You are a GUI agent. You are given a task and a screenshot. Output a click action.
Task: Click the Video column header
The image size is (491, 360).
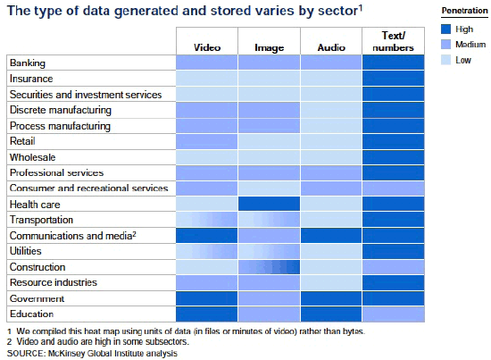tap(207, 47)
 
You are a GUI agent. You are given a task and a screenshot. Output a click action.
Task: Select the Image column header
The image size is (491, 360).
tap(269, 48)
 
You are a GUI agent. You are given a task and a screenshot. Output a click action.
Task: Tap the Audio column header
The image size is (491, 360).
tap(331, 47)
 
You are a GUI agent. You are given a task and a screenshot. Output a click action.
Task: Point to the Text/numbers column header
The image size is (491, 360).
tap(394, 41)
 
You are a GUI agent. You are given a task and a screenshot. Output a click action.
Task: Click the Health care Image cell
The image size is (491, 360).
tap(269, 204)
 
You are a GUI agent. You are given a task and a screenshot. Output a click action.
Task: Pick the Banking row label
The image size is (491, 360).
tap(28, 63)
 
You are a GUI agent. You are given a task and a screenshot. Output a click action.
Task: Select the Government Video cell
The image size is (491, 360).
tap(207, 298)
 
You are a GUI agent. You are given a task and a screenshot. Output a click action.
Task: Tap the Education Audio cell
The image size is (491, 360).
tap(331, 314)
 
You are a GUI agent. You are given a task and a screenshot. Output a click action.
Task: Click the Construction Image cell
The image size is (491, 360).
tap(269, 267)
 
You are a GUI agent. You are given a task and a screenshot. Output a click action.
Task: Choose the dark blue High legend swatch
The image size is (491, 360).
tap(445, 29)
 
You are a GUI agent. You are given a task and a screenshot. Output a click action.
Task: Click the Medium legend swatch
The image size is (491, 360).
tap(445, 44)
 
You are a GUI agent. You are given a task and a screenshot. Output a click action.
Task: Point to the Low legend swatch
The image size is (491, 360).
tap(445, 60)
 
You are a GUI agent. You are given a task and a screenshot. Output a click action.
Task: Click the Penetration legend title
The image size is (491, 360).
tap(465, 11)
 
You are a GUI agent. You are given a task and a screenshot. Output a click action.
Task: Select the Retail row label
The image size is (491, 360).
tap(22, 141)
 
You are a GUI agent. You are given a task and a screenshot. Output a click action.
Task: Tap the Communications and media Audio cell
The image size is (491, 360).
tap(331, 236)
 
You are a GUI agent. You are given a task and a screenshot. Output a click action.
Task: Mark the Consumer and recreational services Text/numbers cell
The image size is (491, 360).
tap(394, 188)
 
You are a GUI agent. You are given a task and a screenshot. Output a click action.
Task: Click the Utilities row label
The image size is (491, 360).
tap(26, 251)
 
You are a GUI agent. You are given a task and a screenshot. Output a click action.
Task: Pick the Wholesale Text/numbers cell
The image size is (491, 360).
tap(394, 157)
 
